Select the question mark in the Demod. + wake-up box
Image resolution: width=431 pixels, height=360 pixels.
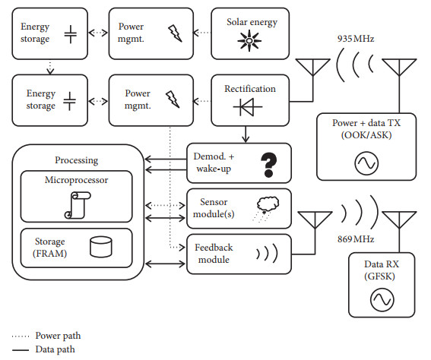(x=267, y=163)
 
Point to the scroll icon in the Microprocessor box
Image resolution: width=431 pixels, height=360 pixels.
(x=76, y=204)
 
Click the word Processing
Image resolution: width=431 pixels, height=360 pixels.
(x=77, y=159)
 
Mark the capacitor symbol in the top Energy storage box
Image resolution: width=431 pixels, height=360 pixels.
(x=70, y=35)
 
